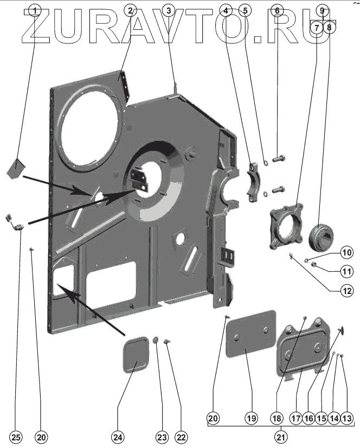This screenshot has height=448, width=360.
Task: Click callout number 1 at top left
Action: pyautogui.click(x=35, y=10)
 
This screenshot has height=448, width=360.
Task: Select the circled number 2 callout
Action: pyautogui.click(x=130, y=10)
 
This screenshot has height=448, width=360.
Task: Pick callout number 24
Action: pyautogui.click(x=118, y=437)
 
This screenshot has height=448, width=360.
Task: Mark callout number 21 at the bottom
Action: pyautogui.click(x=280, y=437)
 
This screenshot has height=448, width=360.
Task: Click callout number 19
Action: pyautogui.click(x=251, y=418)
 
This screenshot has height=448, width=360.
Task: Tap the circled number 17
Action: pyautogui.click(x=295, y=418)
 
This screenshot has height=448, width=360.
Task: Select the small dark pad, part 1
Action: pyautogui.click(x=15, y=167)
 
